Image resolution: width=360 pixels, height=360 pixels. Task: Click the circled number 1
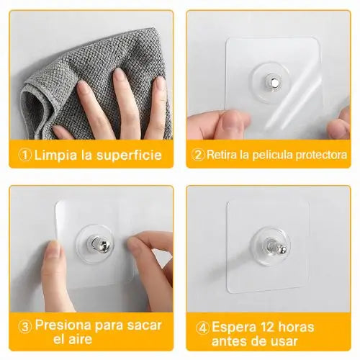[x=25, y=156]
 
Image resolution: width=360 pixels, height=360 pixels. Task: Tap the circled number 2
[x=198, y=155]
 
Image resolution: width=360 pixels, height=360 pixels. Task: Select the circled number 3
[x=25, y=327]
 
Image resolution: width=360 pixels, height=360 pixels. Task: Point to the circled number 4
[x=203, y=328]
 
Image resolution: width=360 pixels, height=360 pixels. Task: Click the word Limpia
[x=56, y=155]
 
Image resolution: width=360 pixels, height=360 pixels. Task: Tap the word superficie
[x=129, y=155]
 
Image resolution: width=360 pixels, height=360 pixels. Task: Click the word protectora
[x=321, y=155]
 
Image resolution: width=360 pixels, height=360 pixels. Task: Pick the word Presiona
[x=63, y=325]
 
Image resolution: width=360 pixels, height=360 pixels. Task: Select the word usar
[x=284, y=341]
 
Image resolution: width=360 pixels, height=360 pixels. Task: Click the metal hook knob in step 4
[x=276, y=248]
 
